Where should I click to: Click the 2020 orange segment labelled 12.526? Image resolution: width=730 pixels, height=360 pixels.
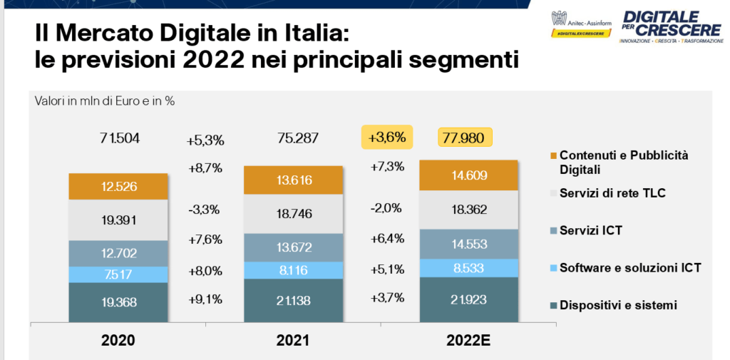pyautogui.click(x=119, y=187)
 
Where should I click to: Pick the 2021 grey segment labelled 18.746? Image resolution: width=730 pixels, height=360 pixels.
pyautogui.click(x=293, y=212)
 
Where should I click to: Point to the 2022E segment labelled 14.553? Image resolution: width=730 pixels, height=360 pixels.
pyautogui.click(x=468, y=242)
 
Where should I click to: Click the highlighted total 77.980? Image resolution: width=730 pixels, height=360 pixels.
pyautogui.click(x=465, y=137)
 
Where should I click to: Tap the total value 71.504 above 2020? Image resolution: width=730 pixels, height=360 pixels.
pyautogui.click(x=120, y=138)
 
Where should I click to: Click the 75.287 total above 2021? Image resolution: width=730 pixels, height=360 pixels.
pyautogui.click(x=294, y=138)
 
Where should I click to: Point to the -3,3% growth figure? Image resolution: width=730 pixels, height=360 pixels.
pyautogui.click(x=205, y=210)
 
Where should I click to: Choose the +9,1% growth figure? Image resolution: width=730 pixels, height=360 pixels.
pyautogui.click(x=205, y=299)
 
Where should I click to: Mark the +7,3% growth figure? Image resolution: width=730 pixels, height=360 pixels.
pyautogui.click(x=387, y=167)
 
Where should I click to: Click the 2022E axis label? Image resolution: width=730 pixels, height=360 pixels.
pyautogui.click(x=467, y=341)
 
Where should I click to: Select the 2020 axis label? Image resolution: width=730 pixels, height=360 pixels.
pyautogui.click(x=118, y=341)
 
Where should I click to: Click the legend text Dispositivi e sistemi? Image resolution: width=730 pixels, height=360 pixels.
pyautogui.click(x=617, y=305)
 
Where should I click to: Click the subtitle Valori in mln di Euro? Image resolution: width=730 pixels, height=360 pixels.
pyautogui.click(x=104, y=101)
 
